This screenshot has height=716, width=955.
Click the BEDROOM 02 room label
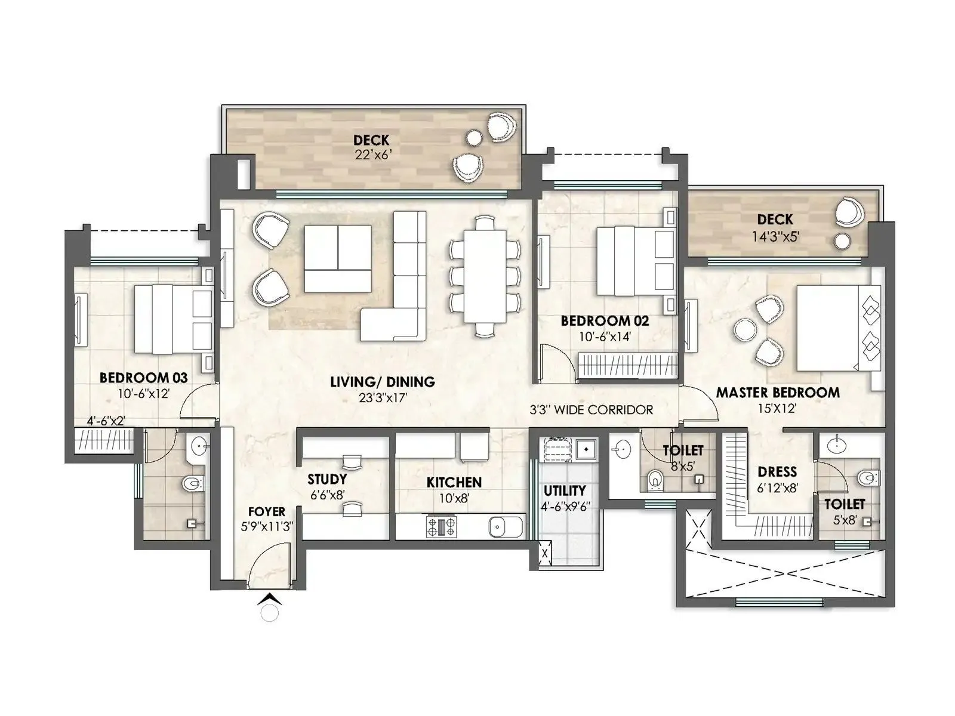pos(604,321)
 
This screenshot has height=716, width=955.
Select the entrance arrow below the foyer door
pos(270,598)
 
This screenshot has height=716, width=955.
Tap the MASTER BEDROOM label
pos(777,393)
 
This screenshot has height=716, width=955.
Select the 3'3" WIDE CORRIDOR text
pos(591,410)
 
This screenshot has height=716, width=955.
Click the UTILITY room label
pos(564,490)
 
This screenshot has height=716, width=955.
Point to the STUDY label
pos(327,479)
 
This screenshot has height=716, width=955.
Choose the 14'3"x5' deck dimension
pos(775,236)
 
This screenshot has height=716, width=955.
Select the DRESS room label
pos(777,472)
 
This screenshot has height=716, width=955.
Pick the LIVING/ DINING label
pos(382,382)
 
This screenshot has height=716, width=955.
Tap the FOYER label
pos(266,512)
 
